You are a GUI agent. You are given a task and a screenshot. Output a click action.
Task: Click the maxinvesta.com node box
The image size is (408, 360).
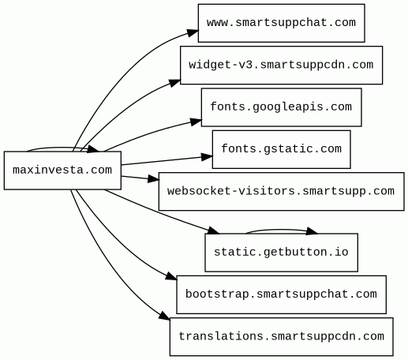coord(62,171)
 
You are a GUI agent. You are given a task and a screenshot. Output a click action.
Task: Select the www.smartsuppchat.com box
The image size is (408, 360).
coord(281,23)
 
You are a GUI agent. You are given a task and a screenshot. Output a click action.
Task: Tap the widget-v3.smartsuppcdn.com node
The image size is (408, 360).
coord(281,66)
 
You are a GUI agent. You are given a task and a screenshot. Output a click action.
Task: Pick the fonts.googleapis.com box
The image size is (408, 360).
coord(281,107)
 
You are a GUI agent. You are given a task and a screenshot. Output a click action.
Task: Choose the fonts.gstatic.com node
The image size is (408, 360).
coord(281,149)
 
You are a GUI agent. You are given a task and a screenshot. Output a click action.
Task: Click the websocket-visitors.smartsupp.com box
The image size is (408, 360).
coord(281,192)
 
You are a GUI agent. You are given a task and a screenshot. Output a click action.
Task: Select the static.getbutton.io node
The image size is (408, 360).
coord(281,253)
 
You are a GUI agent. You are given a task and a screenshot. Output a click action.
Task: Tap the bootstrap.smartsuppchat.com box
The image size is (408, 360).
coord(281,294)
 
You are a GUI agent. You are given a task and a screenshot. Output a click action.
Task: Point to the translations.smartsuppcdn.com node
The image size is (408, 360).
coord(281,337)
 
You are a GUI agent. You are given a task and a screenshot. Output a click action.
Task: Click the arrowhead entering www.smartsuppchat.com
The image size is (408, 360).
coord(193,33)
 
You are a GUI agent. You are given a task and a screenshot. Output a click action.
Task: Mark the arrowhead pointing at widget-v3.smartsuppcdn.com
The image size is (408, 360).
coord(175,83)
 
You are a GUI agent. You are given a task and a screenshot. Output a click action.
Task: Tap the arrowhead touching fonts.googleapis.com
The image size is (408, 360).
coord(197,122)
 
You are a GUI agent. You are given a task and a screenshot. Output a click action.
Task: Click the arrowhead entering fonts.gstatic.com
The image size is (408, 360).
coord(207,157)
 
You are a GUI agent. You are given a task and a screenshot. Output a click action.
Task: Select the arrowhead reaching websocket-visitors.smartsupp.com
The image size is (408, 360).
coord(154,179)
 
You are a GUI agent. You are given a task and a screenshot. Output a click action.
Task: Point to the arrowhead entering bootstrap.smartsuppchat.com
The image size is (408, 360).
coord(172,276)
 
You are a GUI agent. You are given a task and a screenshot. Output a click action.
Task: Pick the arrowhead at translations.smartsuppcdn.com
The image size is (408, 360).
coord(165,316)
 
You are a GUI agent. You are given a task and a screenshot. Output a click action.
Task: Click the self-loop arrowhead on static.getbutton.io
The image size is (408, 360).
coord(313,231)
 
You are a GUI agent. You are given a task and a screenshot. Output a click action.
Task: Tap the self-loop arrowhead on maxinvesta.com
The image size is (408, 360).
coord(94,149)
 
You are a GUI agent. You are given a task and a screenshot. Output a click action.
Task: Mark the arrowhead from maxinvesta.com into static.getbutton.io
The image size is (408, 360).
coord(213,231)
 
